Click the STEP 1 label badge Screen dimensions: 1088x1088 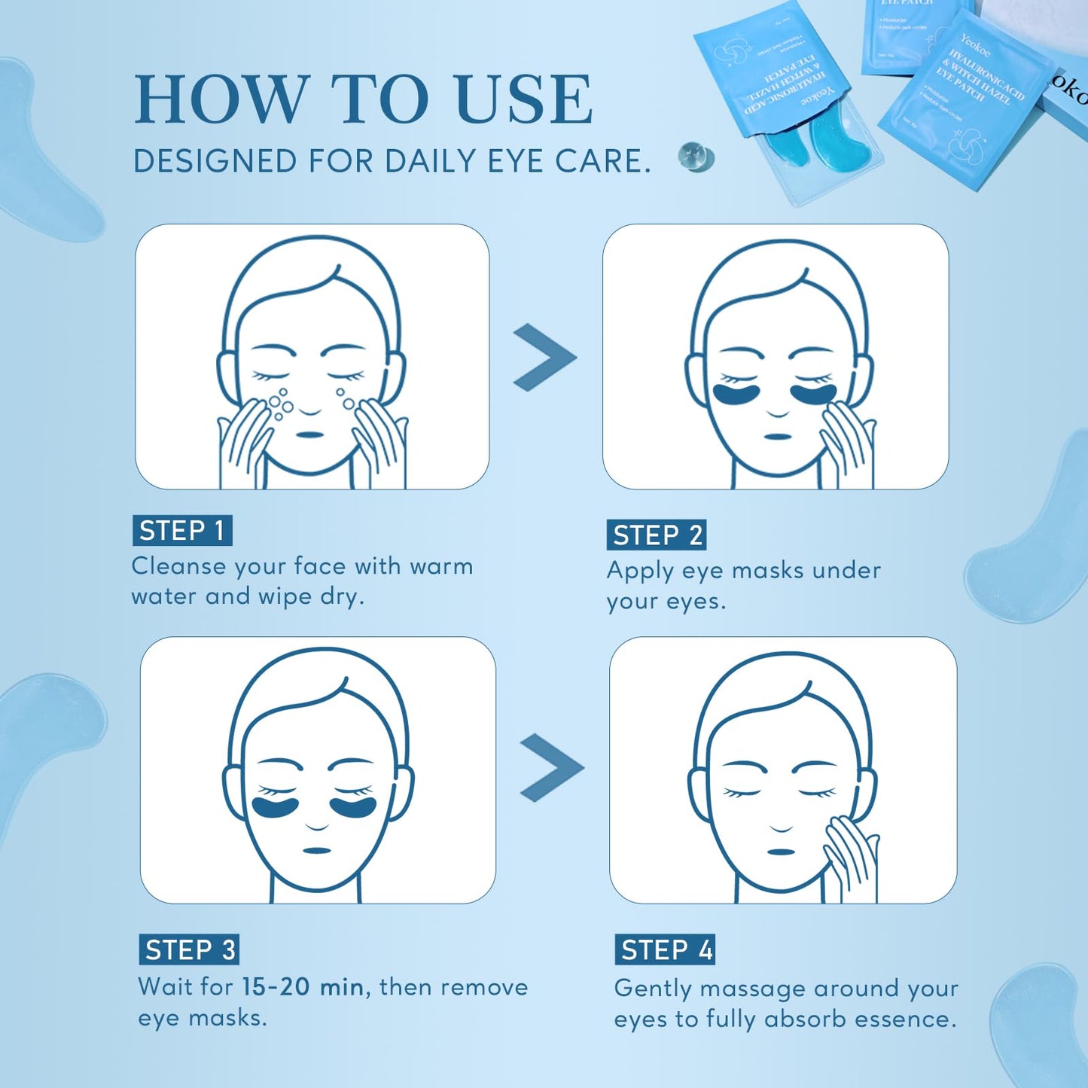point(182,531)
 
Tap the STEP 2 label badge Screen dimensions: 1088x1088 point(657,535)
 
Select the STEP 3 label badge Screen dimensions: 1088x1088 point(189,950)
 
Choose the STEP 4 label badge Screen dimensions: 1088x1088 point(665,950)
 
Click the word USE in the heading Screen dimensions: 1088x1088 point(524,99)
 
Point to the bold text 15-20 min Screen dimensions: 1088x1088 point(303,987)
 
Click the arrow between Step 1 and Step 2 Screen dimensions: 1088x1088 point(544,357)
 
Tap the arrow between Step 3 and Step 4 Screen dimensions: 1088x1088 point(551,767)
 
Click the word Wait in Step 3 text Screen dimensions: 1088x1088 point(165,987)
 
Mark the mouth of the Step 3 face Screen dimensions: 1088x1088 point(316,851)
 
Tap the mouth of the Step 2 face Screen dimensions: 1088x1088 point(777,437)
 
